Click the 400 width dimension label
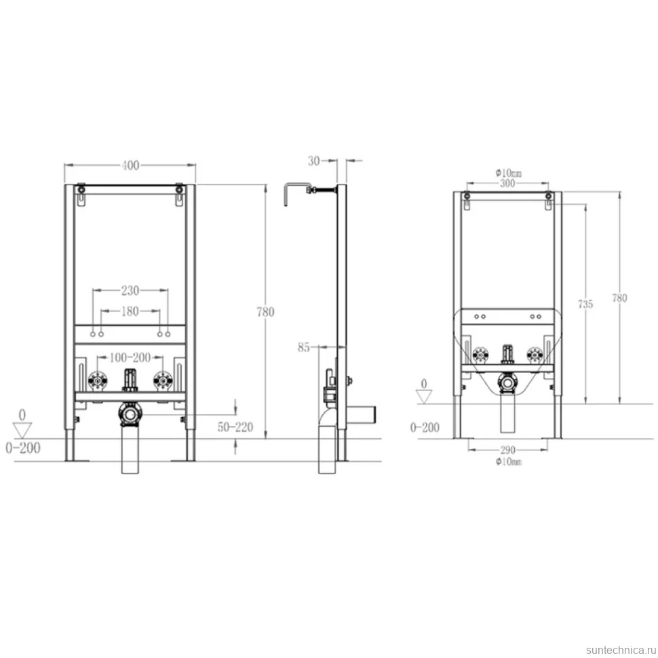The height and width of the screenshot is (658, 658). [130, 166]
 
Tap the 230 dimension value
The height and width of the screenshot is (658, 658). [130, 290]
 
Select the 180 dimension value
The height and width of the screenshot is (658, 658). [130, 311]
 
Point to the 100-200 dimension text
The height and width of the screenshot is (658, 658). [130, 357]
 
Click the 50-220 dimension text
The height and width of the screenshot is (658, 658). [235, 427]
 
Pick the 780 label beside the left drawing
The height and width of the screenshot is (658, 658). [266, 312]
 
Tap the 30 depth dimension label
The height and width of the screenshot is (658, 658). [314, 161]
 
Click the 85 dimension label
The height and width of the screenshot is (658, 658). [304, 347]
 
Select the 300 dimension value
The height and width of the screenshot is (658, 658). [507, 183]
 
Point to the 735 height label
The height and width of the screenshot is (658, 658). [585, 304]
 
